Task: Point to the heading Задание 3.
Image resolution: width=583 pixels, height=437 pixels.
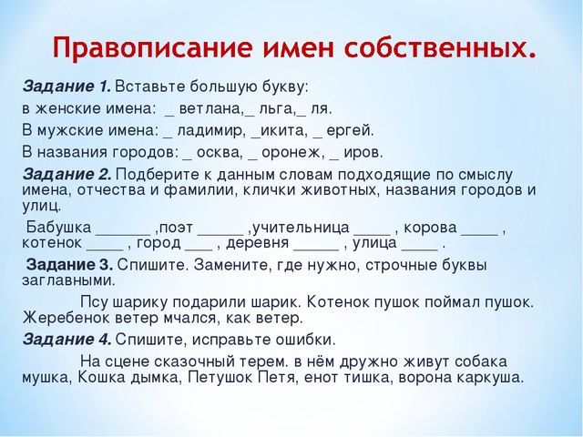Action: (x=70, y=264)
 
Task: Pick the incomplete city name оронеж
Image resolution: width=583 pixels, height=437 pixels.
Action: (x=291, y=151)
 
